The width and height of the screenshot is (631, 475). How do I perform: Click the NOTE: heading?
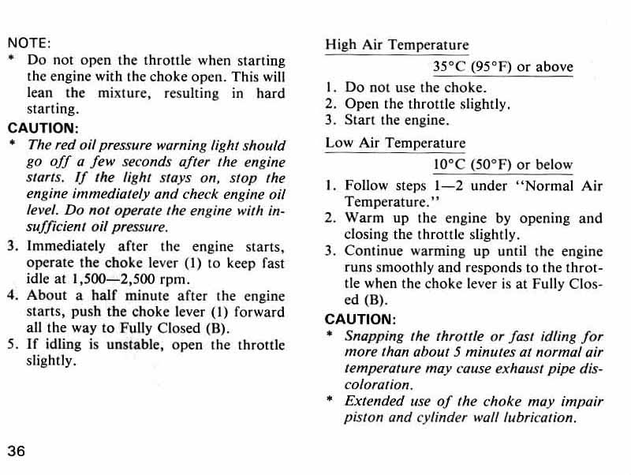[29, 43]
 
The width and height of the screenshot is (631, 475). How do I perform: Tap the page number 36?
[17, 451]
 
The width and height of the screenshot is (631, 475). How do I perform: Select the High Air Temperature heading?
[397, 45]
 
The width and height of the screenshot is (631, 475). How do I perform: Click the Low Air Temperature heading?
[395, 144]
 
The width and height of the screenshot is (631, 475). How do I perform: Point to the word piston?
[364, 418]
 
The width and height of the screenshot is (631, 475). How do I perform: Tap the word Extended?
[375, 402]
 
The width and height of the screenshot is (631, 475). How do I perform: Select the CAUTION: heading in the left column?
[43, 127]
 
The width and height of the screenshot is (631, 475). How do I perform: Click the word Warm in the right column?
[364, 219]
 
